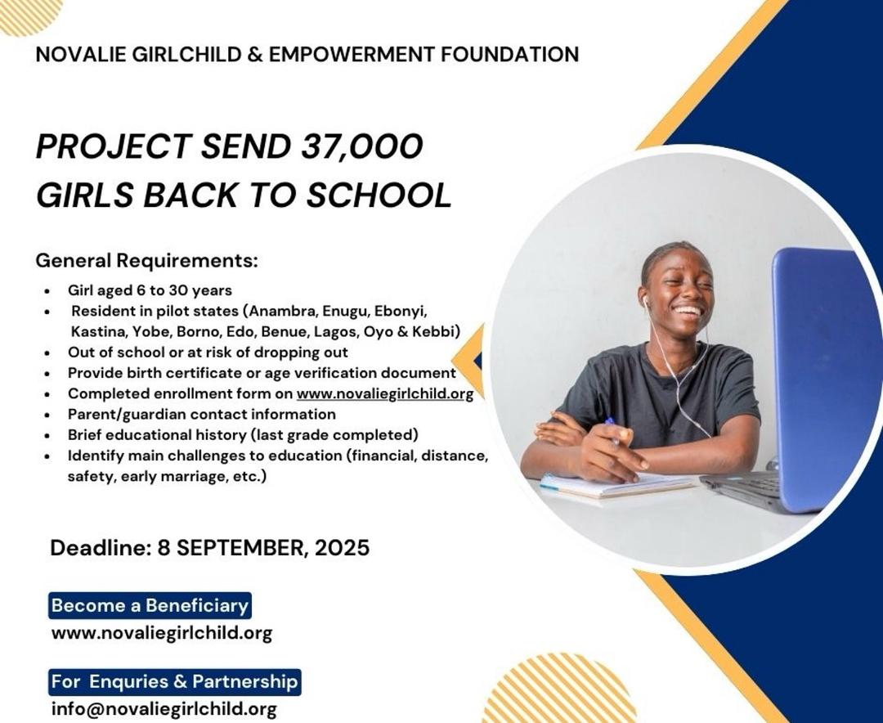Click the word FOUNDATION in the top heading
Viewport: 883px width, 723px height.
point(509,54)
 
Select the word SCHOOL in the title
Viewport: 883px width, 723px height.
point(379,195)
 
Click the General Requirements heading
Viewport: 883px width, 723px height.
point(147,261)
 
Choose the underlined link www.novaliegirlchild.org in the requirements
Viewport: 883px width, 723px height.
point(385,393)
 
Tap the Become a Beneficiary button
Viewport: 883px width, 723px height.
point(150,606)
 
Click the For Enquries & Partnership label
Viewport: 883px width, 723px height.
point(175,682)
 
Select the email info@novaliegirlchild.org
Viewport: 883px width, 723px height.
point(164,708)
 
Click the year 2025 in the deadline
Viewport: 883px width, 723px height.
point(343,547)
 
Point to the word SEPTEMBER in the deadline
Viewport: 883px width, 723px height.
point(243,548)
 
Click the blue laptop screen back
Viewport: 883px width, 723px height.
point(826,379)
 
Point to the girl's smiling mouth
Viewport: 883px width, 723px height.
point(688,311)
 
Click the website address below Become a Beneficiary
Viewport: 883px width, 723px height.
point(162,633)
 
